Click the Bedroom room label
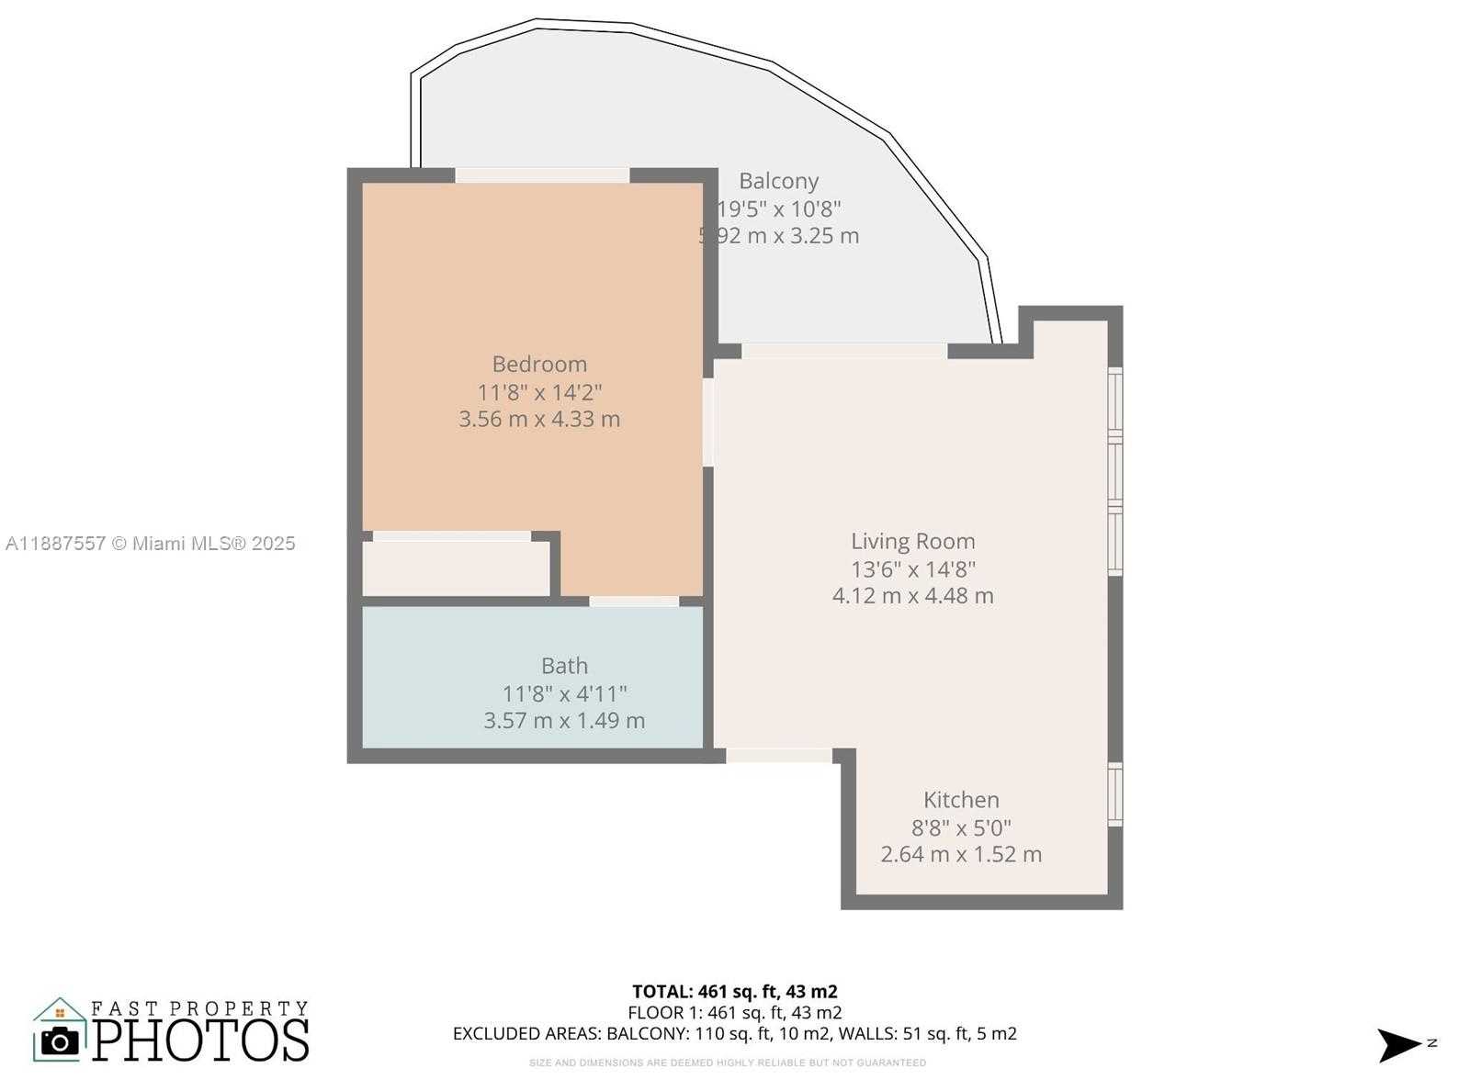click(x=539, y=364)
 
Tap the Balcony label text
click(x=778, y=181)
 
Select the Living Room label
click(x=912, y=541)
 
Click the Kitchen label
click(x=961, y=799)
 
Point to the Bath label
click(x=564, y=666)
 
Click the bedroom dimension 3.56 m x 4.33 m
click(x=539, y=419)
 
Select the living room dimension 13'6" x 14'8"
click(x=912, y=568)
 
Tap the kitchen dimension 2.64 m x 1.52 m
click(x=961, y=854)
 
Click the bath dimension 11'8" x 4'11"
click(x=564, y=693)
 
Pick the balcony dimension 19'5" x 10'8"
click(x=778, y=208)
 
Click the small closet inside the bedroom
click(x=456, y=568)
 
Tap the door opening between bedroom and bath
click(x=634, y=602)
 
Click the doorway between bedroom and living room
click(x=708, y=422)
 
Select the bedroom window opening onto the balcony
click(x=542, y=174)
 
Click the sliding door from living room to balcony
click(x=843, y=351)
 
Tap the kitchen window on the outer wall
click(x=1115, y=794)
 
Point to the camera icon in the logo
click(x=61, y=1041)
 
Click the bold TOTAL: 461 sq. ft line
click(x=734, y=991)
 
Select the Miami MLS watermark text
click(x=151, y=544)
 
